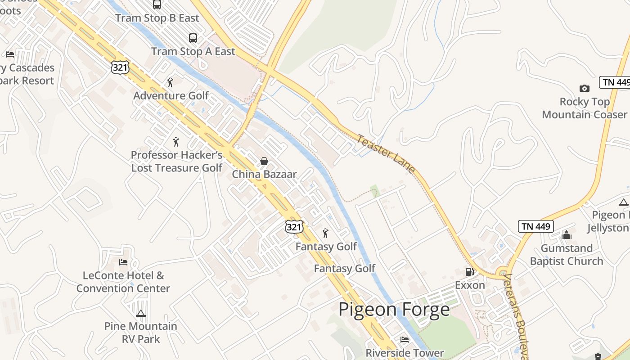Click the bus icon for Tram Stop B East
coord(157,4)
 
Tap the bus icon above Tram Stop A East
coord(193,38)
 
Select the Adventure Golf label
coord(171,96)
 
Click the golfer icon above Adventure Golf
coord(170,82)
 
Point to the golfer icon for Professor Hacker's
coord(176,142)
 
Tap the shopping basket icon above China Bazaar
coord(264,161)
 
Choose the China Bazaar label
coord(264,174)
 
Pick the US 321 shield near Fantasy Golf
coord(294,227)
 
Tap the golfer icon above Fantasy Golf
coord(325,233)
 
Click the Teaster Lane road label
coord(386,153)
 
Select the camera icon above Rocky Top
coord(584,88)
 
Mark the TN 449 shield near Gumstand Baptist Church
coord(535,226)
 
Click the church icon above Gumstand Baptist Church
coord(566,235)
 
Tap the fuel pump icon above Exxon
coord(469,271)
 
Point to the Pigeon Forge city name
coord(394,310)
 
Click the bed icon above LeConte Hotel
coord(123,262)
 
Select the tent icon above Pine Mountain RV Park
coord(141,313)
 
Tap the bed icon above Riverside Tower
coord(405,340)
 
